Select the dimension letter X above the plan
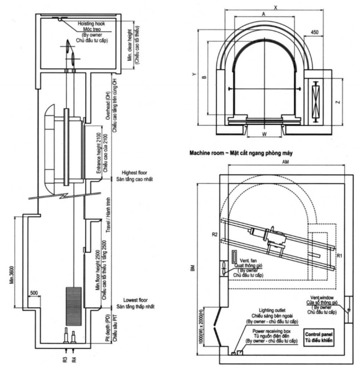point(275,7)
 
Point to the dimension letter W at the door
point(264,133)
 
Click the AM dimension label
point(285,161)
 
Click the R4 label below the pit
point(74,359)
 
